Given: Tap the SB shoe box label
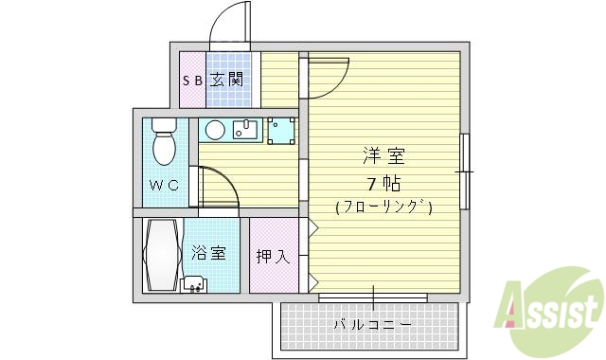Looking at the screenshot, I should tap(192, 81).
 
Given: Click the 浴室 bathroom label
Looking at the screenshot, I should tap(209, 253).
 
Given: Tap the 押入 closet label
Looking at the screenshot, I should tap(273, 256).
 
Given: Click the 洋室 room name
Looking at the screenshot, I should tap(383, 154).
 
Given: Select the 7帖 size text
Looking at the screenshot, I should tap(383, 181).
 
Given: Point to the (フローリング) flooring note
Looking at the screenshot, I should tap(383, 207).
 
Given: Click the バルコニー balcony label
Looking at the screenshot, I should tap(372, 326).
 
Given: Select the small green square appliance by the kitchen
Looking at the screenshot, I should tap(281, 130).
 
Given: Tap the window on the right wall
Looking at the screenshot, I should tap(464, 171).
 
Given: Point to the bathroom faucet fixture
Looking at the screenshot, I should tap(194, 283).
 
